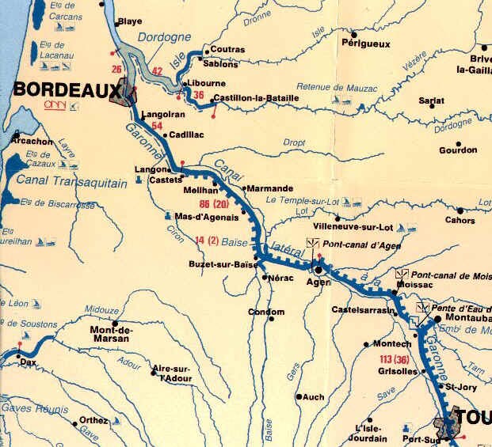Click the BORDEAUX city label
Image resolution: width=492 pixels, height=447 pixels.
coord(51,91)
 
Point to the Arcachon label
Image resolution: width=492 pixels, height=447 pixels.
coord(32,142)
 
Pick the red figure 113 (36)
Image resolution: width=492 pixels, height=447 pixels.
coord(388,360)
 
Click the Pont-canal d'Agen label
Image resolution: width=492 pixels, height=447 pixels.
coord(353,243)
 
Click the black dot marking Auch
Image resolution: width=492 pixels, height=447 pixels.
coord(299,396)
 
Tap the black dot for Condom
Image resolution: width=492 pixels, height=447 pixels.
coord(270,313)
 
